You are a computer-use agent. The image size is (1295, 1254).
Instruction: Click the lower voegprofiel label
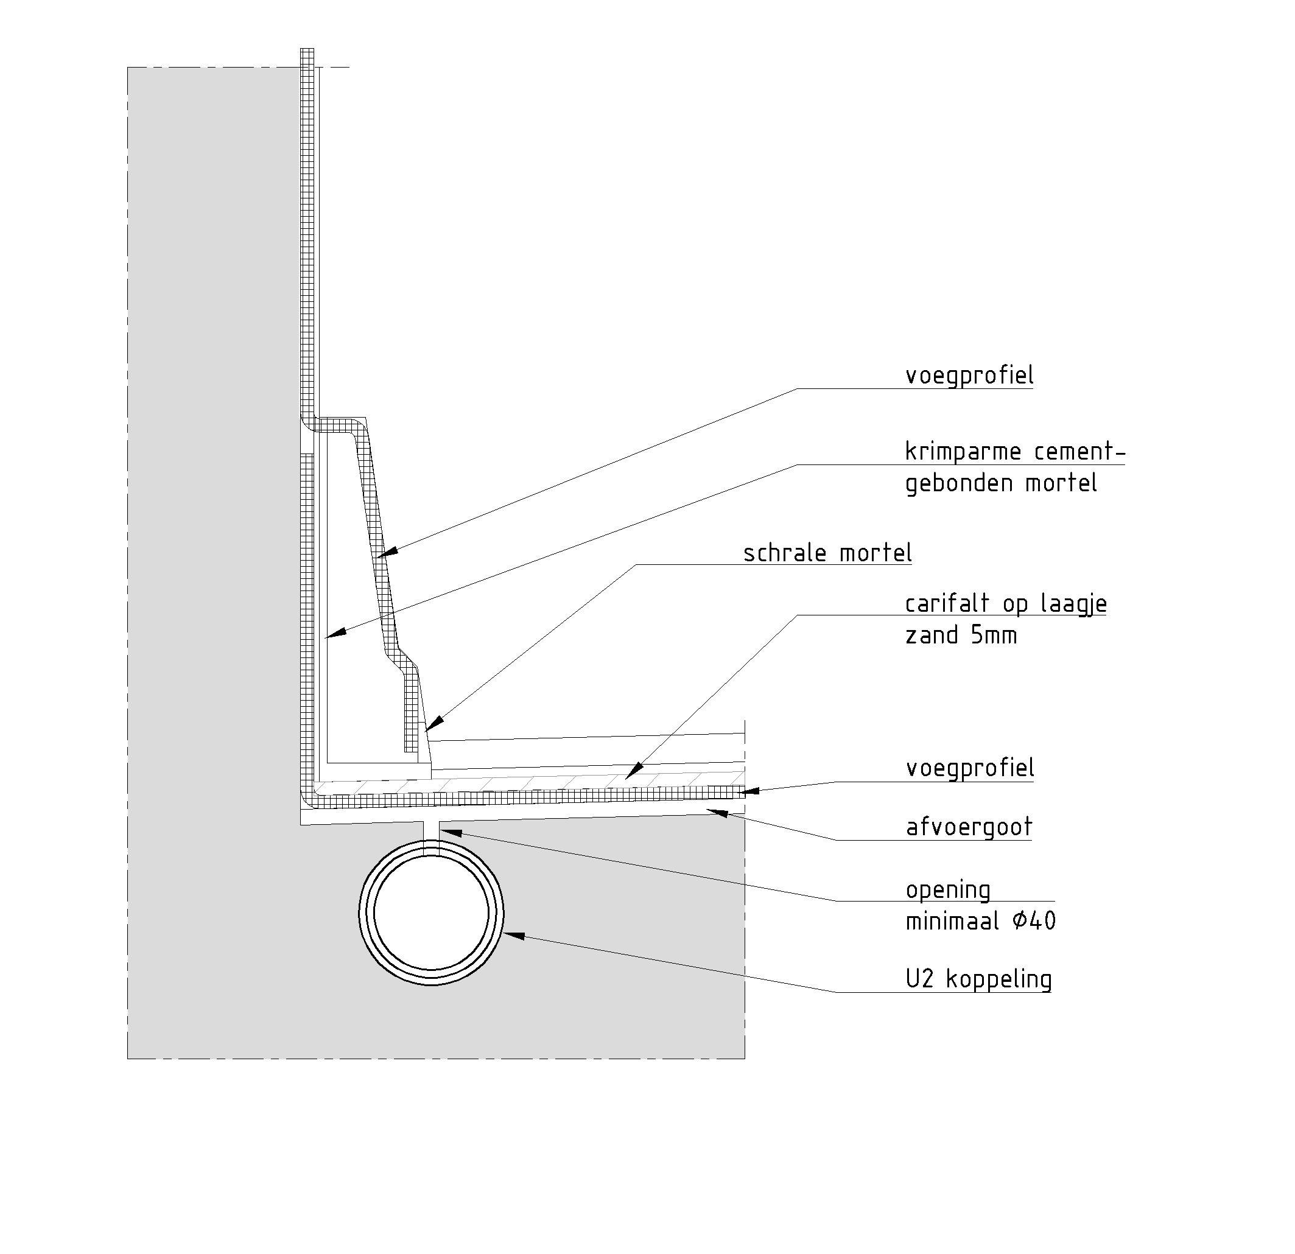(x=969, y=768)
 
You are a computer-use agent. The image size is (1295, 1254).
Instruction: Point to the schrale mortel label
(x=827, y=553)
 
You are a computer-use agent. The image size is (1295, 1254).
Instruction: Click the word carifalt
(x=947, y=604)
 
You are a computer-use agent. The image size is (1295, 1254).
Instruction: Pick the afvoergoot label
(x=969, y=827)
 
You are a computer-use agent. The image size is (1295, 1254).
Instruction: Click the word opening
(x=947, y=891)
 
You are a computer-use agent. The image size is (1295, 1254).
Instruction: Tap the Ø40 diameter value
(x=1033, y=921)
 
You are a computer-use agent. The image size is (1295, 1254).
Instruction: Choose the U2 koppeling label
(x=978, y=979)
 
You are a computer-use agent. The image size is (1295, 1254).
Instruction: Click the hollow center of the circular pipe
(x=431, y=913)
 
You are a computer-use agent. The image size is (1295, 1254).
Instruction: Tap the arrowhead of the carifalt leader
(x=633, y=771)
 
